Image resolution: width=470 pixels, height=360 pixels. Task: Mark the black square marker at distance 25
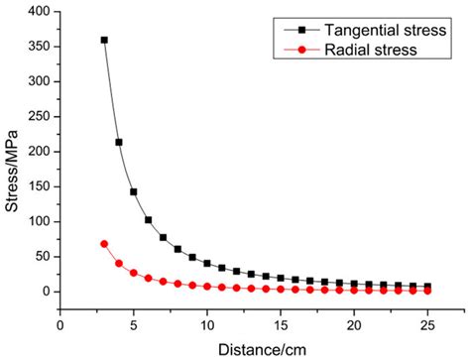(x=427, y=286)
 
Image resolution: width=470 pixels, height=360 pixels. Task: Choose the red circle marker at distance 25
(x=427, y=291)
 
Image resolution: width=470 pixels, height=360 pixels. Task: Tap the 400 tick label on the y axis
(x=40, y=12)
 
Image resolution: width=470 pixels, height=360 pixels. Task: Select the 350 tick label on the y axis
(x=40, y=47)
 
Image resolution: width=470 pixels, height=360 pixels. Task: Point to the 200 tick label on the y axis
(x=40, y=152)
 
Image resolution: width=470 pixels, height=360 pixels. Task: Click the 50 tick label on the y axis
(x=43, y=257)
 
